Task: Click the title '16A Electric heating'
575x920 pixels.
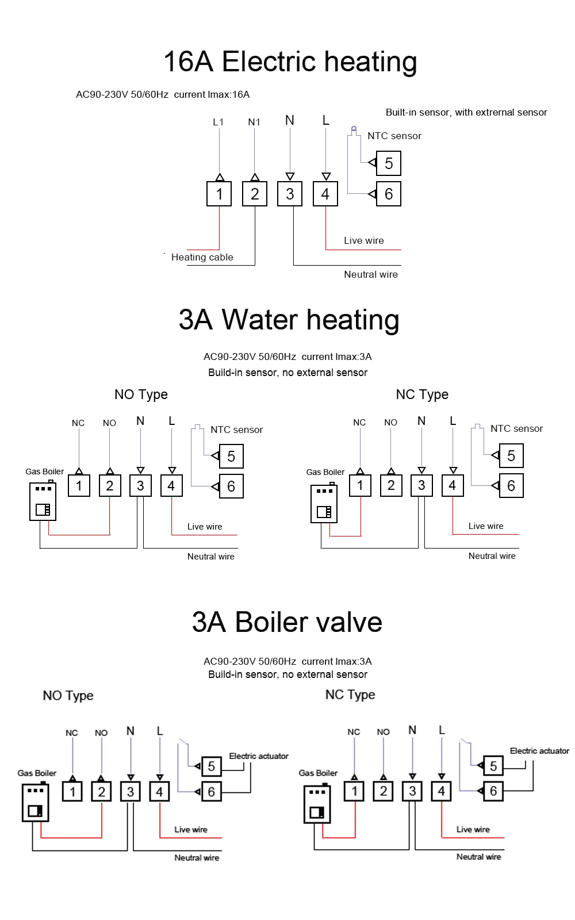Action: pyautogui.click(x=290, y=62)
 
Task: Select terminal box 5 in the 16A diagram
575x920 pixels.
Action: pyautogui.click(x=389, y=164)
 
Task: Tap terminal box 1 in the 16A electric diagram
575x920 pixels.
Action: pyautogui.click(x=219, y=194)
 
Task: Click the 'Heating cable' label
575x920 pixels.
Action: pyautogui.click(x=202, y=257)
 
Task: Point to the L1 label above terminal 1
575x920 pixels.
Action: pyautogui.click(x=218, y=122)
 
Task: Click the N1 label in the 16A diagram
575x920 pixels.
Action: pyautogui.click(x=254, y=122)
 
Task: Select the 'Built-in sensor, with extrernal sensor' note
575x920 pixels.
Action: pyautogui.click(x=466, y=112)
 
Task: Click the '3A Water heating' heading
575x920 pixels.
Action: pyautogui.click(x=289, y=320)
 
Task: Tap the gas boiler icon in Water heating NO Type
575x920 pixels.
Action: pyautogui.click(x=43, y=501)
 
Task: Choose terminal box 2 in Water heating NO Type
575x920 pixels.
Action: pyautogui.click(x=110, y=486)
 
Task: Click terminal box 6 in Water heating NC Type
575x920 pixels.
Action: pyautogui.click(x=511, y=486)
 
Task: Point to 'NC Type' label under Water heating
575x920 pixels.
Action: pyautogui.click(x=422, y=394)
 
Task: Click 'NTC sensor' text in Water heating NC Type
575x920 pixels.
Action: pyautogui.click(x=516, y=428)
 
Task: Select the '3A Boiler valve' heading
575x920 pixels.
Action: pyautogui.click(x=287, y=622)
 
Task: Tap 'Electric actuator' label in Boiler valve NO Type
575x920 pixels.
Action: pyautogui.click(x=259, y=756)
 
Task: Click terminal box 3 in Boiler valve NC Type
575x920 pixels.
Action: pyautogui.click(x=412, y=791)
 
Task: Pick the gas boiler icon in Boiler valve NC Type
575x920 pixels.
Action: pyautogui.click(x=317, y=804)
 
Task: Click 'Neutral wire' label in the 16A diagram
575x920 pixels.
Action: pyautogui.click(x=371, y=274)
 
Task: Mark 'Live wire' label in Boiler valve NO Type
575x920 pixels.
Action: pyautogui.click(x=191, y=829)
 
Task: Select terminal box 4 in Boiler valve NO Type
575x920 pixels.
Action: pyautogui.click(x=159, y=792)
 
